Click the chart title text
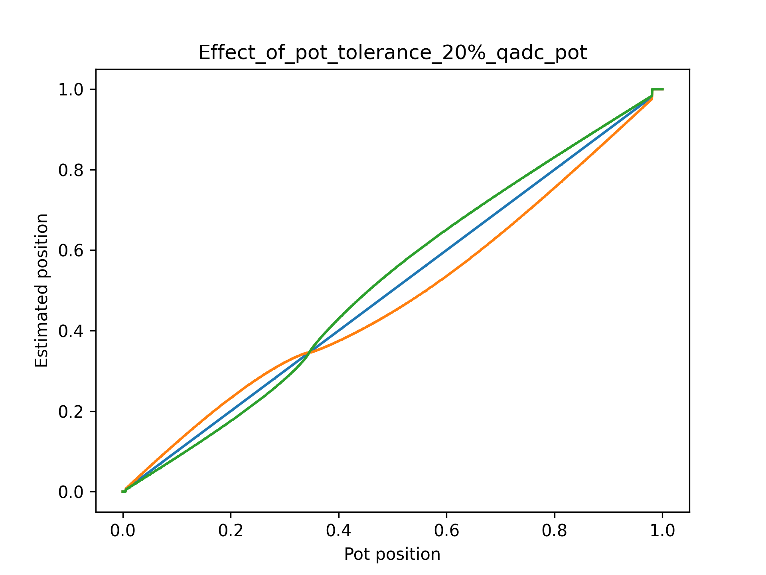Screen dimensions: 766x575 pos(393,53)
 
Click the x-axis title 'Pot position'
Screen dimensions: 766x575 pos(392,554)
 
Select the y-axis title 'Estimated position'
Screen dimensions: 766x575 pos(41,290)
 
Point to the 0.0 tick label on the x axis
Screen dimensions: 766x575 pos(123,531)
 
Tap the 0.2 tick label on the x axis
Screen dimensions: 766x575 pos(231,531)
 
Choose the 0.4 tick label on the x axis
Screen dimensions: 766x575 pos(339,531)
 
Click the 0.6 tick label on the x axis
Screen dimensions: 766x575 pos(446,531)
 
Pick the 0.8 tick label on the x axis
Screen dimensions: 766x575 pos(555,531)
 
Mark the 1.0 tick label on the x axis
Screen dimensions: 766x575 pos(662,531)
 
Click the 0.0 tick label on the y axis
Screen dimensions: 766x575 pos(71,492)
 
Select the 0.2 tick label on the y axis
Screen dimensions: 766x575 pos(71,412)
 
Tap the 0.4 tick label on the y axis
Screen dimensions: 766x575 pos(71,331)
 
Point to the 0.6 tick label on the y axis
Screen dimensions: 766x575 pos(71,250)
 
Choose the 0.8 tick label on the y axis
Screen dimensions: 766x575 pos(71,170)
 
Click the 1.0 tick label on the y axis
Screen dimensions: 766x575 pos(71,89)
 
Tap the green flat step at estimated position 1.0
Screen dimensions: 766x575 pos(657,89)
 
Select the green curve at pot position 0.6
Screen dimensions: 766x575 pos(446,230)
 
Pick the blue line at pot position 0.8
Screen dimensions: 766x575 pos(555,170)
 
